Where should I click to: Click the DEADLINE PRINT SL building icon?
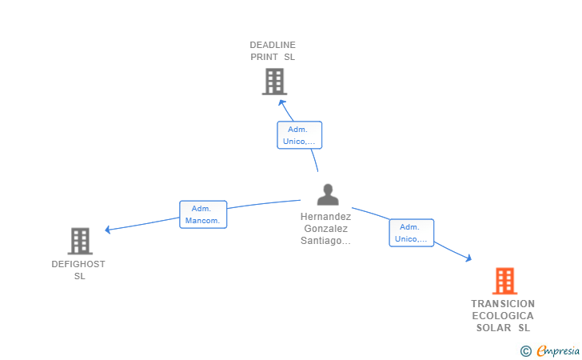pos(275,82)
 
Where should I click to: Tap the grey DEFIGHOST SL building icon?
pos(80,241)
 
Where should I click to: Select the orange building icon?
pos(504,281)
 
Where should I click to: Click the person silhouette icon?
pos(328,194)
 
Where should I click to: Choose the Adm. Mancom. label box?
pos(203,214)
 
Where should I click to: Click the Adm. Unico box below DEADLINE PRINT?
pos(300,135)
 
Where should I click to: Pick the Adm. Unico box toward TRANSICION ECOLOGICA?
pos(411,233)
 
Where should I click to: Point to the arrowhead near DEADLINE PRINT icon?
pos(282,102)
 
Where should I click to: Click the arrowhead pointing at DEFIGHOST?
pos(108,230)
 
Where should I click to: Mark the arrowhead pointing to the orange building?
pos(468,258)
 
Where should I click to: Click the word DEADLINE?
pos(273,45)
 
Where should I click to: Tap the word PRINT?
pos(265,58)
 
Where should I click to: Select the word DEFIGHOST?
pos(78,264)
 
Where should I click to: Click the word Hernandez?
pos(326,217)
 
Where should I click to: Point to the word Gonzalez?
pos(326,229)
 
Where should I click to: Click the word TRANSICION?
pos(503,304)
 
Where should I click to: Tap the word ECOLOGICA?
pos(503,316)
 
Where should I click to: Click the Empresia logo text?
pos(558,350)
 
